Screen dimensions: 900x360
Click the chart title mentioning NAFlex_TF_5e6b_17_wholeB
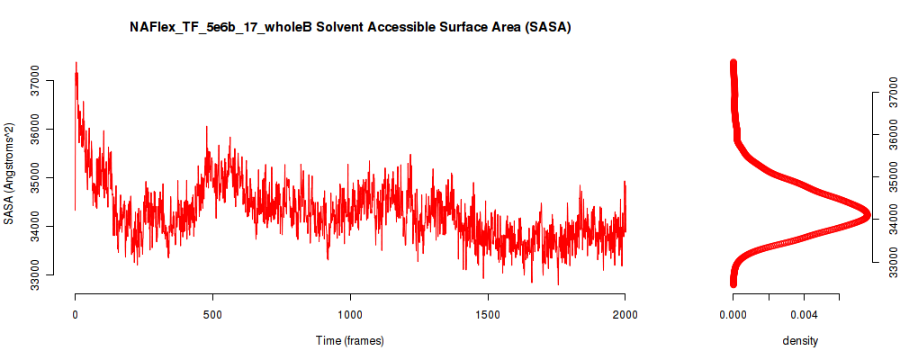click(350, 28)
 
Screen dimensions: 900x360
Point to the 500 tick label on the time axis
click(213, 314)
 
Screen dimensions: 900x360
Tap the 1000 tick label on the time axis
click(350, 314)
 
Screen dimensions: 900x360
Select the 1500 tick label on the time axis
click(487, 314)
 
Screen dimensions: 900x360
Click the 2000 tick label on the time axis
click(625, 314)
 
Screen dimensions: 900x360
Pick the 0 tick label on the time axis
click(76, 314)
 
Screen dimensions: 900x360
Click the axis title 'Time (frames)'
click(350, 340)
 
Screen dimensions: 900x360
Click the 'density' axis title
click(800, 341)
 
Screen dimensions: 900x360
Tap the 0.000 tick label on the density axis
click(733, 314)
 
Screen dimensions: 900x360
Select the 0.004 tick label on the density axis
click(804, 314)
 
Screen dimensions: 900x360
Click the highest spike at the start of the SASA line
click(76, 62)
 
